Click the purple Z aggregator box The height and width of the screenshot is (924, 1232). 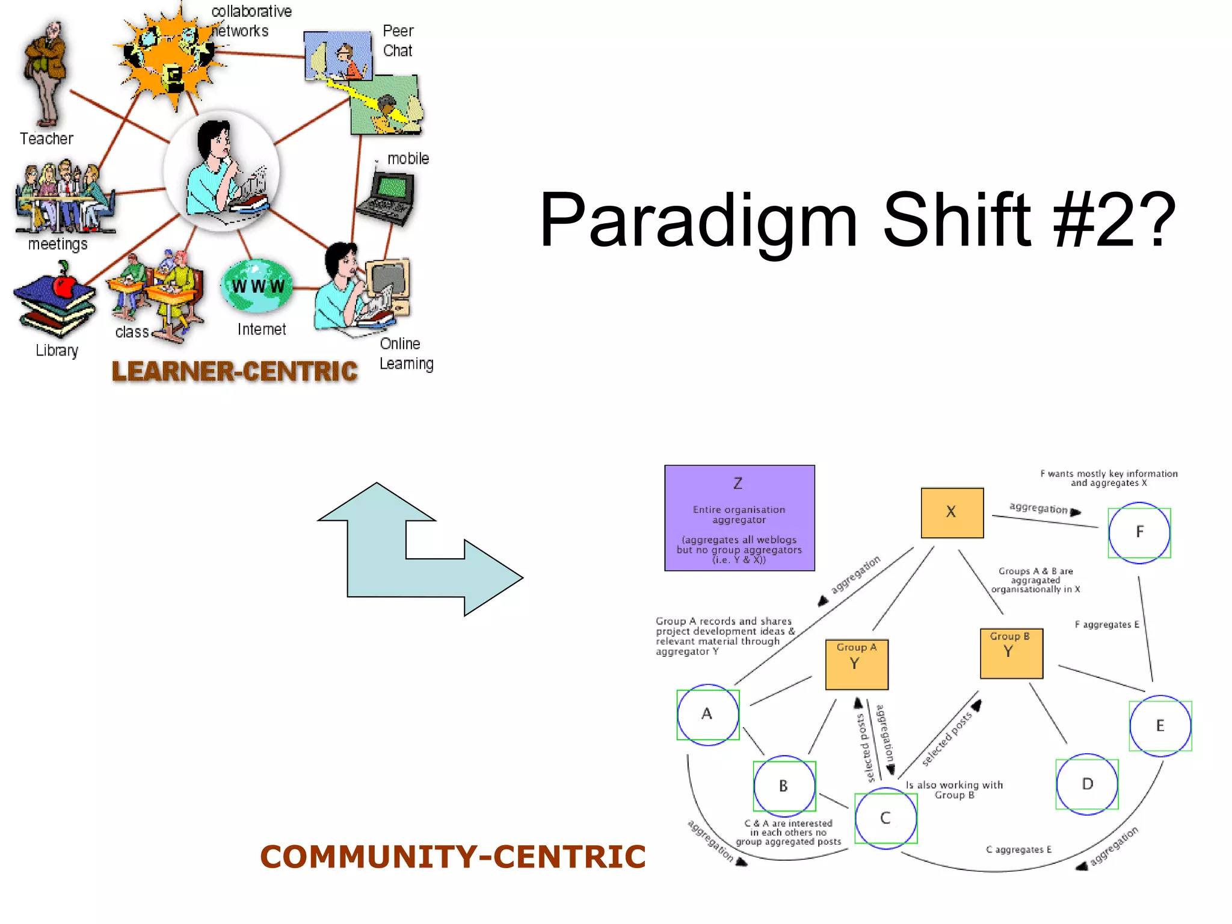[739, 518]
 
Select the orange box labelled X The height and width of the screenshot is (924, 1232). [952, 513]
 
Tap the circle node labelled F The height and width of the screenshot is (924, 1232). [1139, 532]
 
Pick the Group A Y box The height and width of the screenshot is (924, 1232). [857, 664]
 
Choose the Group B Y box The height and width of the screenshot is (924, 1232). [1011, 653]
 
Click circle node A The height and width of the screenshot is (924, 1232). [708, 715]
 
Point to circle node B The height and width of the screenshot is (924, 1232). [784, 786]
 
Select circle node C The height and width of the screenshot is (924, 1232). [886, 818]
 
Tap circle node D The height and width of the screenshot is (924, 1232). [1087, 784]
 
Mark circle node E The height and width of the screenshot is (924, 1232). [1160, 725]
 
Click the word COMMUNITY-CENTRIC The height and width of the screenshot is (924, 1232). [452, 857]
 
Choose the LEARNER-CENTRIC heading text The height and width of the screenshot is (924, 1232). [235, 371]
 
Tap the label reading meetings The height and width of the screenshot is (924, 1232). [58, 244]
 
